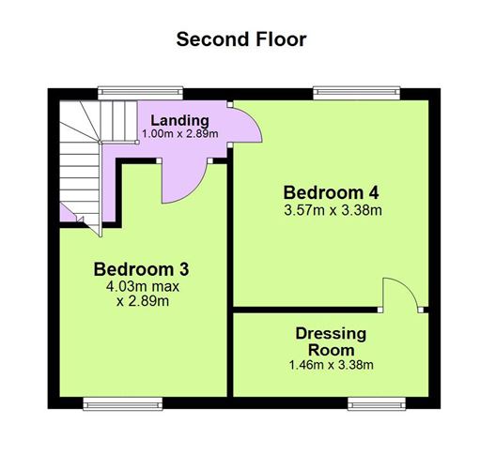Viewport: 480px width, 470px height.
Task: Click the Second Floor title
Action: (x=241, y=39)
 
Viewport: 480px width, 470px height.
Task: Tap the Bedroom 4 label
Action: (x=331, y=192)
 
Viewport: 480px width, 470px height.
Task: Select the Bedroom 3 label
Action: (x=141, y=269)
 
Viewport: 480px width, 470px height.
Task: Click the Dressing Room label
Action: (x=331, y=341)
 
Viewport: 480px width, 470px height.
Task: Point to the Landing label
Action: (x=179, y=120)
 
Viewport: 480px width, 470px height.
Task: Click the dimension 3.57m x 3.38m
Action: (x=333, y=210)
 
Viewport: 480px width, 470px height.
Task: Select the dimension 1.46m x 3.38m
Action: (x=332, y=365)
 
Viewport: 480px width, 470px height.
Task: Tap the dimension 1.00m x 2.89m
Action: (x=180, y=134)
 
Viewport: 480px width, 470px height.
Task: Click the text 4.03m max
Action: (x=143, y=286)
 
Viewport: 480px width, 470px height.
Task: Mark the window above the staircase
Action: (x=140, y=93)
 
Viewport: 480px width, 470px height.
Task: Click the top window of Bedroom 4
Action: (x=357, y=93)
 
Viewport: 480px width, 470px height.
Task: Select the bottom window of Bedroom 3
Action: (x=123, y=403)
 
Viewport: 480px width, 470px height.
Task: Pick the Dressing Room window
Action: (x=377, y=403)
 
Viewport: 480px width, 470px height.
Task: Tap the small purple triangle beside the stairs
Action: (x=67, y=214)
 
